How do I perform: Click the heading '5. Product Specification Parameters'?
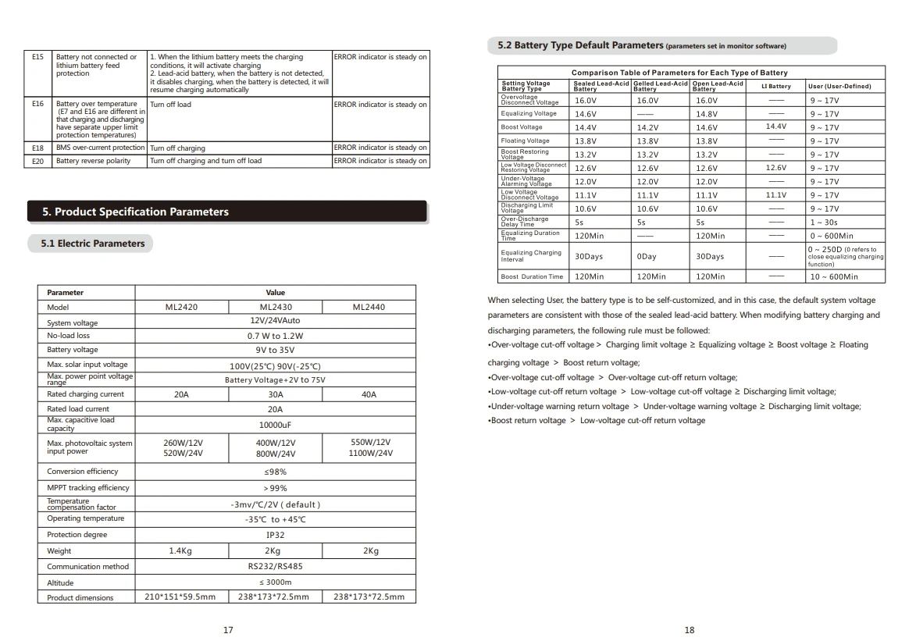tap(136, 212)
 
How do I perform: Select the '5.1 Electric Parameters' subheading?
tap(93, 244)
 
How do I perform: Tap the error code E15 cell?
tap(37, 57)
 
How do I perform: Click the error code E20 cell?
tap(37, 161)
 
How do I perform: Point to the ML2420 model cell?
tap(181, 307)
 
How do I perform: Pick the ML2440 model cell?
tap(369, 307)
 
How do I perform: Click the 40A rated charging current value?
tap(369, 394)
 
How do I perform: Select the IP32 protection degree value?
tap(275, 535)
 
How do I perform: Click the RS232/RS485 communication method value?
tap(275, 566)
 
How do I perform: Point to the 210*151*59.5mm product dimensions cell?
tap(180, 597)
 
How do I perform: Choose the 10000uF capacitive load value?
tap(275, 425)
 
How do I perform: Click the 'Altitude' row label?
tap(60, 582)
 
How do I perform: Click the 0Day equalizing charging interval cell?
tap(647, 256)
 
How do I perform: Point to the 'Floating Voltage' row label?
tap(526, 141)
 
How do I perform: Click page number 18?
tap(689, 630)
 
